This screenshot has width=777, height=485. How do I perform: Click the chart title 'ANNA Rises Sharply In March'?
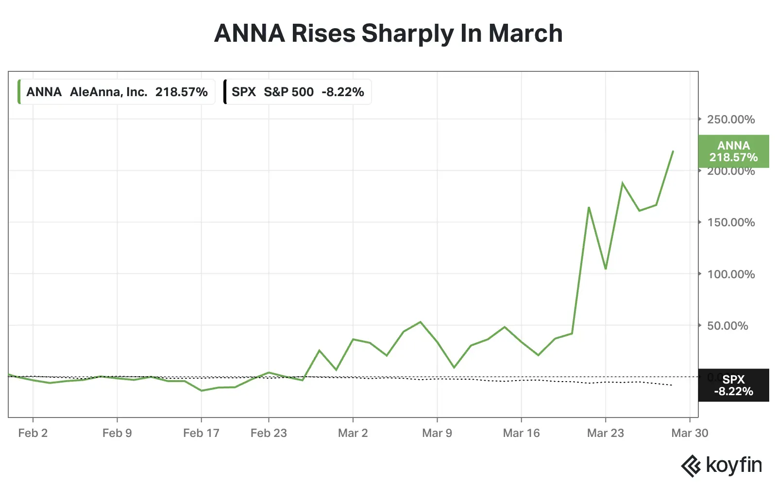388,33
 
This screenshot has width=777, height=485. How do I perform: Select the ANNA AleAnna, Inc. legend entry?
117,92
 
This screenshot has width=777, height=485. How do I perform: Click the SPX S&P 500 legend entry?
297,92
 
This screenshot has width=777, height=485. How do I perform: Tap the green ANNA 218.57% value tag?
733,151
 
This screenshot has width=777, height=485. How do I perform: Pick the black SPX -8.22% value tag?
733,385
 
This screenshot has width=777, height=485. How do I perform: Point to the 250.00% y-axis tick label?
730,119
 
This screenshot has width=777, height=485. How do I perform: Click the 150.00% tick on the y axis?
730,222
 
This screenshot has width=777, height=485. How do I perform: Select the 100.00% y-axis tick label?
730,274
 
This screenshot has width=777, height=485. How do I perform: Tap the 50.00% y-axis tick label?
727,326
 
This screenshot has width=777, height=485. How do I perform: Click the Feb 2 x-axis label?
33,433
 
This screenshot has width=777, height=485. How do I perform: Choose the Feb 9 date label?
117,433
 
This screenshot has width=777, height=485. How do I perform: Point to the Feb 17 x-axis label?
201,433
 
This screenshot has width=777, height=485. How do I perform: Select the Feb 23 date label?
269,433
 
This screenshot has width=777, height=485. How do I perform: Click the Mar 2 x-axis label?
353,433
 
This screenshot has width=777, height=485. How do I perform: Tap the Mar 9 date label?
437,433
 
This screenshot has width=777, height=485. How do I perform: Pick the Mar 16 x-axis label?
521,433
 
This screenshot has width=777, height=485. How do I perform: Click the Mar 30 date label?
690,433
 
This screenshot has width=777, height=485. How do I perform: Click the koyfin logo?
721,466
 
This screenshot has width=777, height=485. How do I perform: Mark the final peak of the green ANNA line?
673,151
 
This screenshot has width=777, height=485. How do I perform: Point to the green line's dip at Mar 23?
606,268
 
